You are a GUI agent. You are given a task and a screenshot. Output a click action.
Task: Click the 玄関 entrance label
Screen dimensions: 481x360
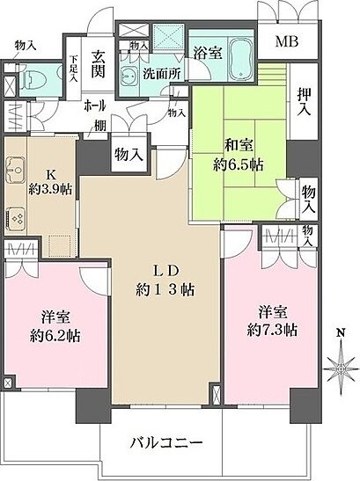[x=98, y=64]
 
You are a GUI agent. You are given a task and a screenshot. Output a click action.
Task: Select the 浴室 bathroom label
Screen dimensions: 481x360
[x=207, y=53]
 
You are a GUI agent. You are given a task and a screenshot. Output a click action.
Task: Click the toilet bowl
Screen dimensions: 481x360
[x=33, y=82]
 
